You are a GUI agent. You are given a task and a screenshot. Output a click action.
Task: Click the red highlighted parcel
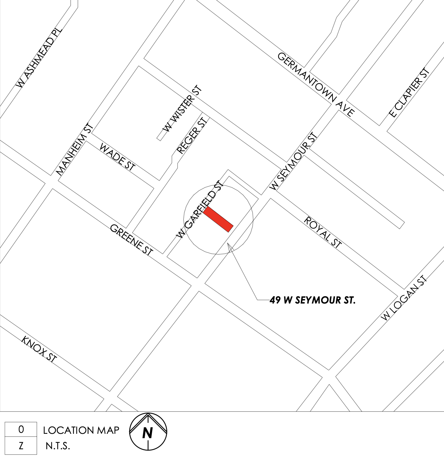[x=218, y=219]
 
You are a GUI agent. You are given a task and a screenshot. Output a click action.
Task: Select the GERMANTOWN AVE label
[x=316, y=84]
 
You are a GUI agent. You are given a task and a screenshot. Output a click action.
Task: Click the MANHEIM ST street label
[x=74, y=149]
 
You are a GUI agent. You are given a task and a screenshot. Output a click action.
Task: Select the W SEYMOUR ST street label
[x=294, y=161]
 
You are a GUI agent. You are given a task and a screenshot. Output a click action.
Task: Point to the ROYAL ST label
[x=322, y=232]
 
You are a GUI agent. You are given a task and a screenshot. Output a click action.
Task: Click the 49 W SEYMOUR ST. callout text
[x=312, y=300]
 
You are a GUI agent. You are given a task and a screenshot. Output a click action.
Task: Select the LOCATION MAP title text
[x=81, y=430]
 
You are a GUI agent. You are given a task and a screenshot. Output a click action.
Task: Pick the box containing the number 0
[x=21, y=429]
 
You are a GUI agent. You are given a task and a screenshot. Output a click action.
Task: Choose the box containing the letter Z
[x=21, y=446]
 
